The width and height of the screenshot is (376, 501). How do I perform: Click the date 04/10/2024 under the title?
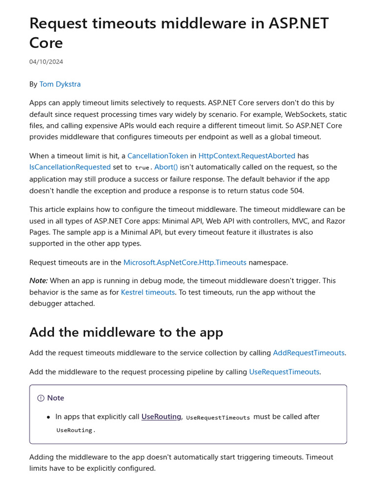tap(46, 62)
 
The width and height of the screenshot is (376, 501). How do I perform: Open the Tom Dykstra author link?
tap(60, 84)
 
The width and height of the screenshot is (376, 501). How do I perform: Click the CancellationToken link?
tap(158, 156)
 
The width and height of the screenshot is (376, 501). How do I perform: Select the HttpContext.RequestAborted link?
tap(247, 156)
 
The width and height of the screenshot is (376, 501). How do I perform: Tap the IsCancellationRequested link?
tap(70, 167)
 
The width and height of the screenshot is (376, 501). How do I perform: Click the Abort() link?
tap(166, 167)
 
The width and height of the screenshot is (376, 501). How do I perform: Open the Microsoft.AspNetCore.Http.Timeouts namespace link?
tap(185, 262)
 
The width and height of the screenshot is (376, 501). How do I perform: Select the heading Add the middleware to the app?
tap(126, 332)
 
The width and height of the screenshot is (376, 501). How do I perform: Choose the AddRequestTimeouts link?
tap(308, 353)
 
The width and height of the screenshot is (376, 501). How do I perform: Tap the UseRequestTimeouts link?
tap(284, 372)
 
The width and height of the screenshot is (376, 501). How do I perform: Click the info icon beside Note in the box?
tap(41, 398)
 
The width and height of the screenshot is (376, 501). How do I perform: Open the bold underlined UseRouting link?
tap(161, 417)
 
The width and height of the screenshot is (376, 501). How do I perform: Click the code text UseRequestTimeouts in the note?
tap(218, 418)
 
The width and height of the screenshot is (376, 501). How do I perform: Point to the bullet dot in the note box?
tap(48, 417)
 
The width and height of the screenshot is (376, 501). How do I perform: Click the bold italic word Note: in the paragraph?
tap(39, 281)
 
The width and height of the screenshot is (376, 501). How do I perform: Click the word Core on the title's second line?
tap(46, 43)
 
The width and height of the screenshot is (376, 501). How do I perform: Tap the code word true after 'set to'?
tap(142, 167)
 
